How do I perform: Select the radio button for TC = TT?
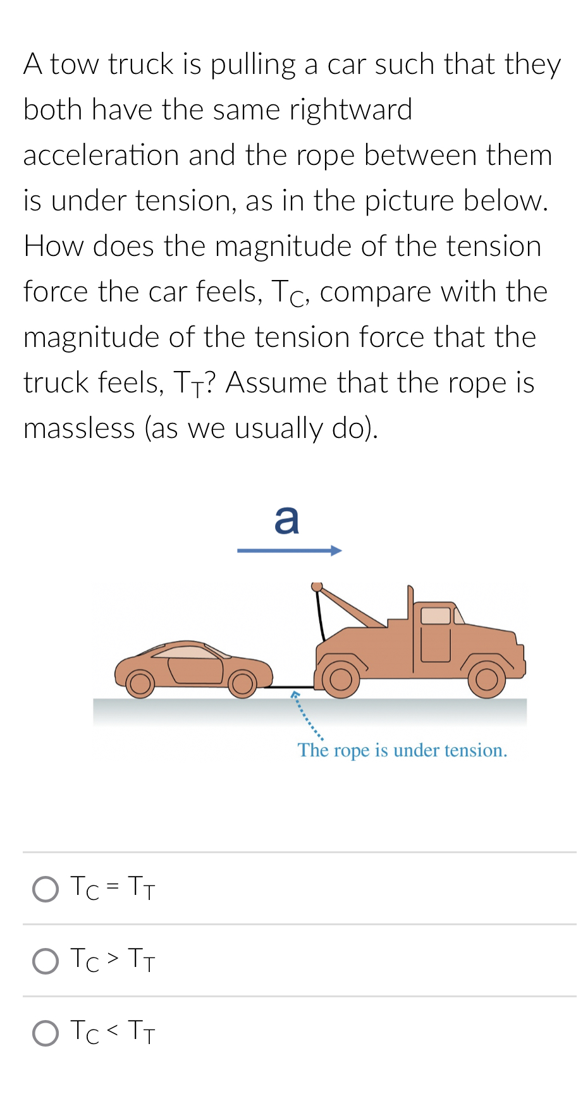click(x=46, y=889)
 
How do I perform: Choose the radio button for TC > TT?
click(x=46, y=961)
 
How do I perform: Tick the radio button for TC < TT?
click(x=46, y=1033)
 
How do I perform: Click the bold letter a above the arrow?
click(x=286, y=520)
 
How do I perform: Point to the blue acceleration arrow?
click(x=289, y=551)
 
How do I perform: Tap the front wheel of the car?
click(x=242, y=683)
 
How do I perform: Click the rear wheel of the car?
click(x=140, y=683)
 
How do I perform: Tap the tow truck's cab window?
click(x=436, y=616)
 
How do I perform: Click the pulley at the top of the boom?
click(x=317, y=587)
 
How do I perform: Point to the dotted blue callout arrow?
click(x=308, y=716)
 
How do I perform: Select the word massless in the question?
click(x=79, y=428)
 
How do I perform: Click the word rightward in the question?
click(x=350, y=110)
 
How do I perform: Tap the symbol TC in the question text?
click(x=289, y=293)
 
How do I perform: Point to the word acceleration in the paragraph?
click(x=101, y=155)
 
